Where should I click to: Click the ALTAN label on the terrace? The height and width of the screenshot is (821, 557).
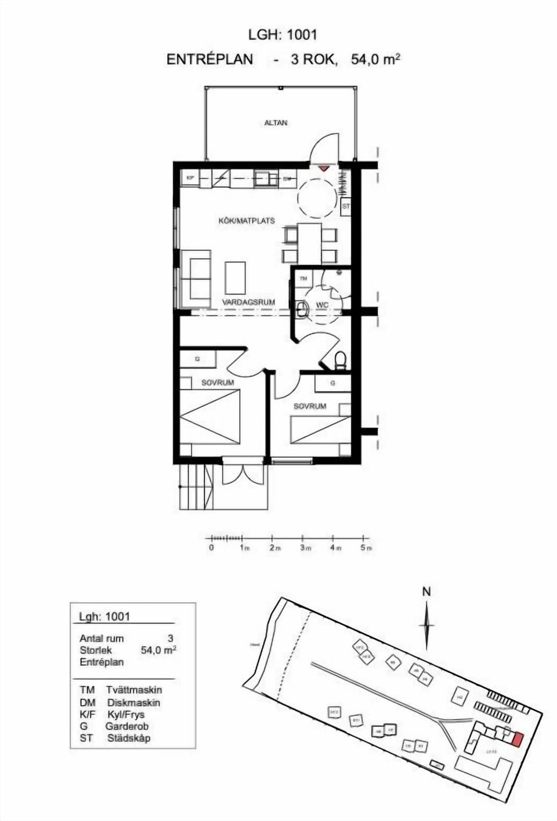click(x=276, y=123)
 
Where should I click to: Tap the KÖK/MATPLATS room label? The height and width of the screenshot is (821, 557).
click(x=246, y=221)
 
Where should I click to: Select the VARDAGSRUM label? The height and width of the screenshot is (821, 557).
click(x=248, y=302)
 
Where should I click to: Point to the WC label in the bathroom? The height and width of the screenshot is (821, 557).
click(x=322, y=305)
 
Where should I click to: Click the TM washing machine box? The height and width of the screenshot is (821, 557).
click(x=303, y=279)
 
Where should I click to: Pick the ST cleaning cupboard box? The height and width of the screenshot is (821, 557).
click(x=346, y=206)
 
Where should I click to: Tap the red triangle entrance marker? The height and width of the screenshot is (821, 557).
click(x=323, y=168)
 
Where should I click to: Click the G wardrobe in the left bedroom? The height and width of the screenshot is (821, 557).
click(x=197, y=359)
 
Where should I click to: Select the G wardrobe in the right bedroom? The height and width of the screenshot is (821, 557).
click(x=332, y=383)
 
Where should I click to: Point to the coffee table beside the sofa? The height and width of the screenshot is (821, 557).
click(x=235, y=278)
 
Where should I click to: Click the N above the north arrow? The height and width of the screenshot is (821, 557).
click(x=426, y=592)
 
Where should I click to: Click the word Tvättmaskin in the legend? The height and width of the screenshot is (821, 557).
click(x=134, y=690)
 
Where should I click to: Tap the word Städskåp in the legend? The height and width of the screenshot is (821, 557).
click(x=129, y=738)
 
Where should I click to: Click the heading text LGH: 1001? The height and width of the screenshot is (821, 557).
click(x=283, y=35)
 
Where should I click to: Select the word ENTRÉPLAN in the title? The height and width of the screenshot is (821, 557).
click(x=209, y=59)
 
